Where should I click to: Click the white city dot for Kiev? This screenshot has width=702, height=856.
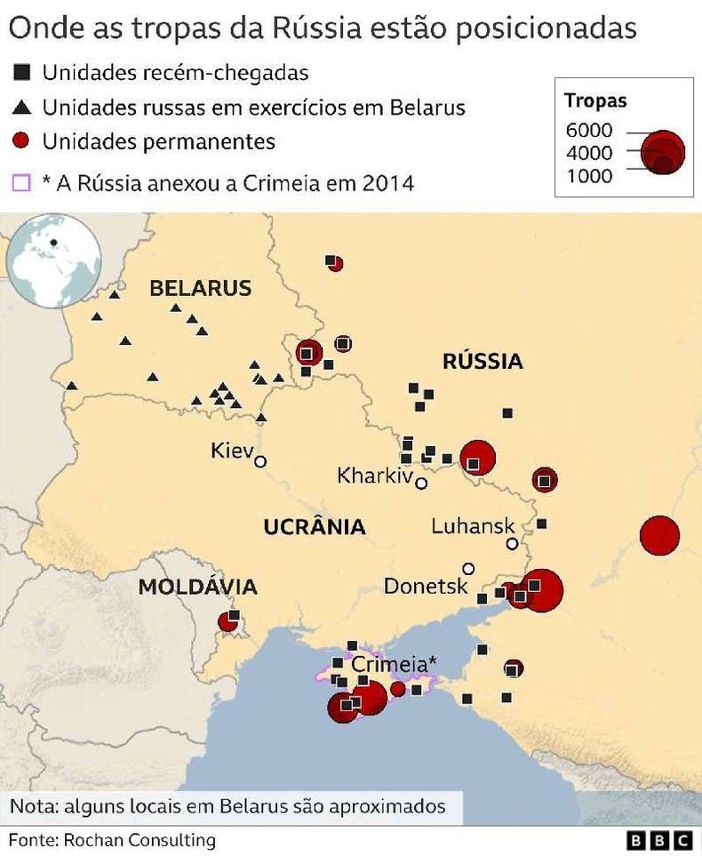pyautogui.click(x=260, y=461)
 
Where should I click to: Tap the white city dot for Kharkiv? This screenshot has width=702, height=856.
pyautogui.click(x=421, y=484)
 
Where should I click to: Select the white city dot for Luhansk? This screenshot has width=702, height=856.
pyautogui.click(x=512, y=544)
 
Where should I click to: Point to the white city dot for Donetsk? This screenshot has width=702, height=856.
pyautogui.click(x=468, y=569)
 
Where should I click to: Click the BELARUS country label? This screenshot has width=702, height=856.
pyautogui.click(x=200, y=288)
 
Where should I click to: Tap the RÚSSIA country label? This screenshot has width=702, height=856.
pyautogui.click(x=483, y=361)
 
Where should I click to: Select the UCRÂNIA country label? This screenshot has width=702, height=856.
pyautogui.click(x=315, y=527)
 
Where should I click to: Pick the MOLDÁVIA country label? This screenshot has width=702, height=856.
pyautogui.click(x=197, y=587)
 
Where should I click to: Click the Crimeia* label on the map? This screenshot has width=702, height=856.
pyautogui.click(x=394, y=664)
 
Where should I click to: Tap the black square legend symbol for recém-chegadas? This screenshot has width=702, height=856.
pyautogui.click(x=23, y=72)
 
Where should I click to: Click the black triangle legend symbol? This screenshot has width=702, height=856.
pyautogui.click(x=23, y=108)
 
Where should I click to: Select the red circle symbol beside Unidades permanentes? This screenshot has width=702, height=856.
pyautogui.click(x=23, y=141)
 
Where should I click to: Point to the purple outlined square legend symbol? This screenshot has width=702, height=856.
pyautogui.click(x=23, y=183)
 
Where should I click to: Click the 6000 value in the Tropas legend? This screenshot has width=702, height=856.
pyautogui.click(x=589, y=132)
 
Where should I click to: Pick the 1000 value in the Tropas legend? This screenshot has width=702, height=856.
pyautogui.click(x=589, y=176)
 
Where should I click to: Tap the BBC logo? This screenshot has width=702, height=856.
pyautogui.click(x=658, y=840)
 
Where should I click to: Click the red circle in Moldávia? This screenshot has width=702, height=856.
pyautogui.click(x=228, y=621)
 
